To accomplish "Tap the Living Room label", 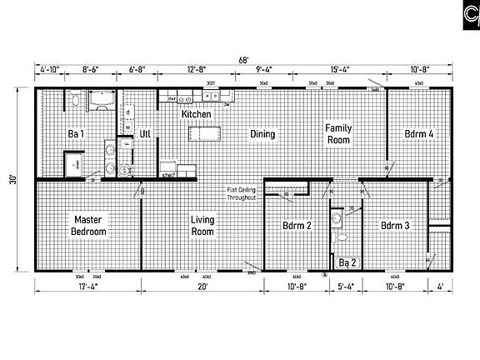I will (x=202, y=225).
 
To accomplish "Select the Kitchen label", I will (x=195, y=113).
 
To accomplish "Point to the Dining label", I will (x=262, y=133).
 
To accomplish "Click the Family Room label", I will (x=339, y=133).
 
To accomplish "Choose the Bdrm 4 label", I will (x=419, y=133).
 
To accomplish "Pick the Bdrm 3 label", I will (x=395, y=226).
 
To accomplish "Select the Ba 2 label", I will (x=348, y=264).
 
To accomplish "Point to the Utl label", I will (x=144, y=133).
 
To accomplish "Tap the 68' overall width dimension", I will (x=242, y=59).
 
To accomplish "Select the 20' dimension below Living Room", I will (x=202, y=287).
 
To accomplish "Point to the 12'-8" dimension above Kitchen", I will (x=197, y=71).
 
